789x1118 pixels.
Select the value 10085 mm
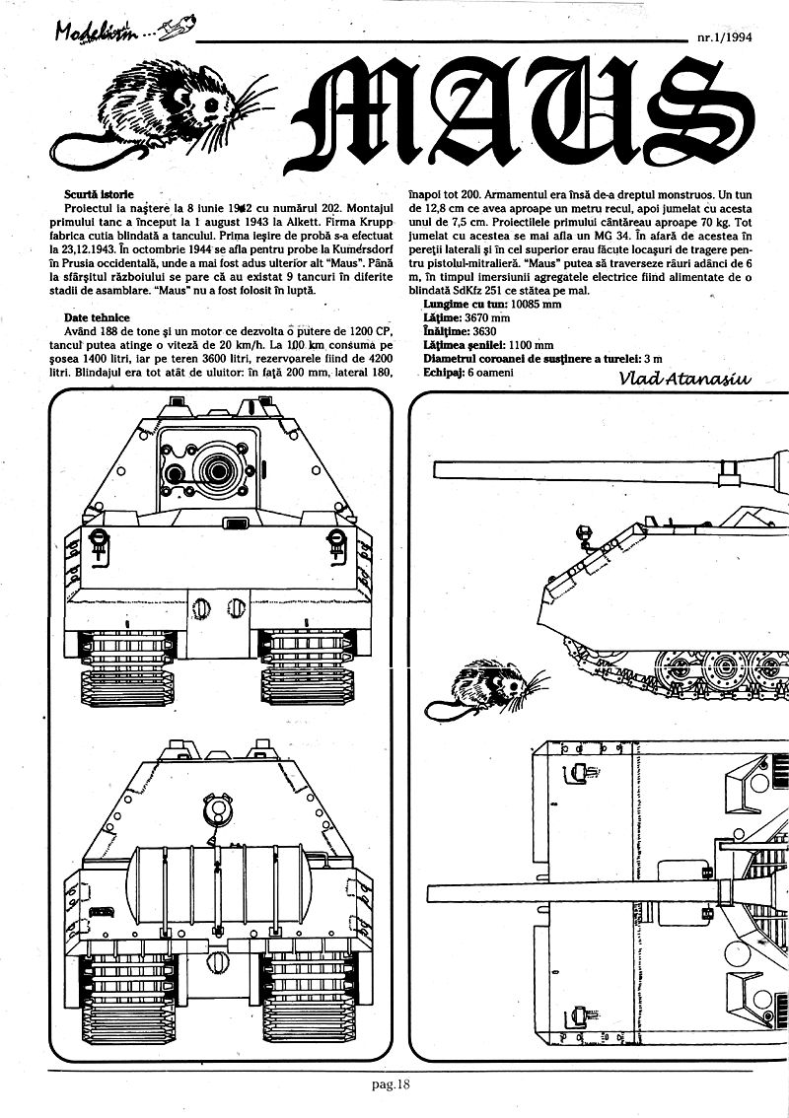(533, 306)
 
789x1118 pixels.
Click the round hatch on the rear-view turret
(214, 811)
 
